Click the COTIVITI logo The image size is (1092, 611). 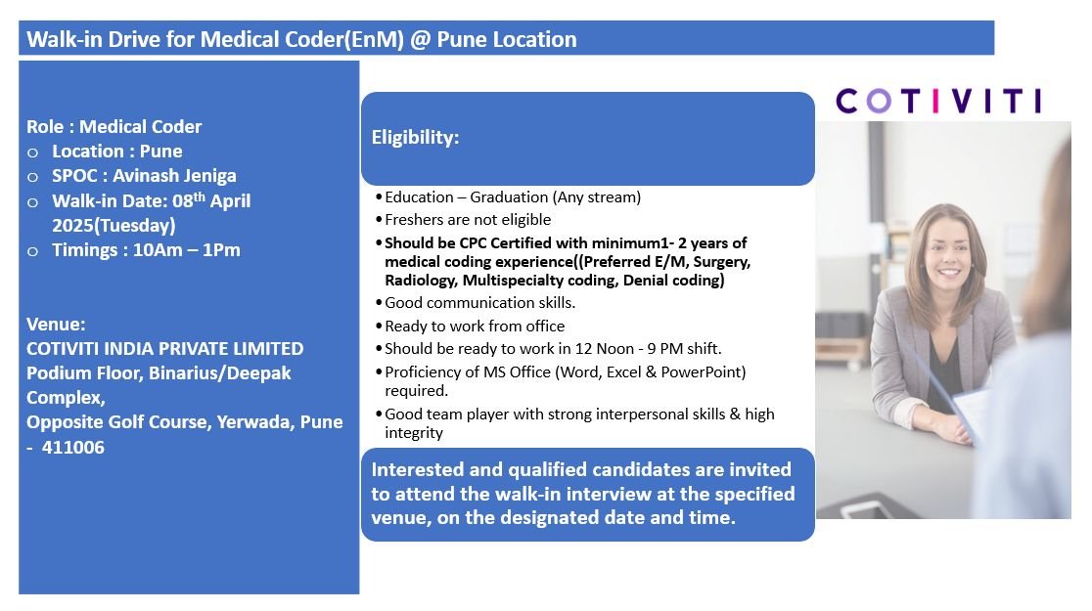click(x=938, y=101)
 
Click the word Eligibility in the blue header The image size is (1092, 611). click(x=415, y=138)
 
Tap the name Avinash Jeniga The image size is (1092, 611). click(x=175, y=176)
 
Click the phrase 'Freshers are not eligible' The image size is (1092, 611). click(x=468, y=220)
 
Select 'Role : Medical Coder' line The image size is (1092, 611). click(x=114, y=127)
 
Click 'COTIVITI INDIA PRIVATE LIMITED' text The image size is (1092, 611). click(x=164, y=349)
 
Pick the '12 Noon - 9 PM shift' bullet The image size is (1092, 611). click(x=553, y=349)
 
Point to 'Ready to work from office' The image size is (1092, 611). click(x=475, y=326)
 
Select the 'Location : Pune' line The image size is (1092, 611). click(x=116, y=152)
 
